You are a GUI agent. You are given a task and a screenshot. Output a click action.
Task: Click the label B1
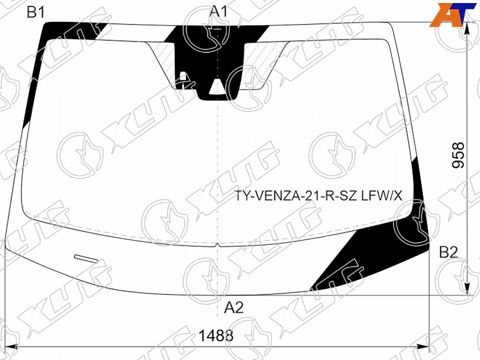tap(36, 12)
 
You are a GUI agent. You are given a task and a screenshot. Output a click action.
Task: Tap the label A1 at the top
tap(218, 11)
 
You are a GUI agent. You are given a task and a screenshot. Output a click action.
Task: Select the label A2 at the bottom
tap(233, 307)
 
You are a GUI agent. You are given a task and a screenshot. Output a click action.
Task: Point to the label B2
tap(448, 253)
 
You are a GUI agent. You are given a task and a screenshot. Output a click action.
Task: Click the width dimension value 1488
tap(216, 335)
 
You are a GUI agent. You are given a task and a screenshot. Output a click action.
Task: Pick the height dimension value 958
tap(458, 155)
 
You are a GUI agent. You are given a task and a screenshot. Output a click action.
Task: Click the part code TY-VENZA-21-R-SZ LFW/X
tap(319, 196)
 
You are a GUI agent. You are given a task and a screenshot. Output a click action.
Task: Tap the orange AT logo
tap(453, 15)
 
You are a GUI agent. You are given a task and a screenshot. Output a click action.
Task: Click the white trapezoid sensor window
tap(217, 86)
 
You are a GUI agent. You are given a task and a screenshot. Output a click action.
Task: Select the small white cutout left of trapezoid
tap(183, 77)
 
